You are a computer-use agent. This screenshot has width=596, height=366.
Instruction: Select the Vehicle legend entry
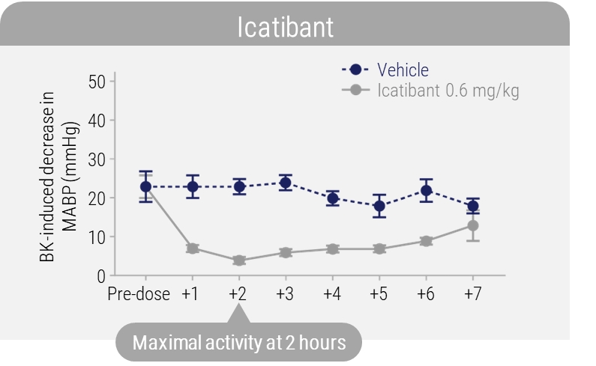(x=403, y=70)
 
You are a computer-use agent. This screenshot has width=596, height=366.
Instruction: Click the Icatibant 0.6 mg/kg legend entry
(x=448, y=91)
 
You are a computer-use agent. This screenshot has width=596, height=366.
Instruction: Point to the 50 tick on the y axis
(x=97, y=81)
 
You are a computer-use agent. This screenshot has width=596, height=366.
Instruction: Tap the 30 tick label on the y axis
(x=97, y=159)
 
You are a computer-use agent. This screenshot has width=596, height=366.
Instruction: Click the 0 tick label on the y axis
(x=100, y=276)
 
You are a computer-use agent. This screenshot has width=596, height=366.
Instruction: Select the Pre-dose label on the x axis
(x=139, y=293)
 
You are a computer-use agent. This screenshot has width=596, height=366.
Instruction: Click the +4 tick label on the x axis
(x=331, y=293)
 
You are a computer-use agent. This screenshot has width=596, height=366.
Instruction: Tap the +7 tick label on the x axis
(x=472, y=293)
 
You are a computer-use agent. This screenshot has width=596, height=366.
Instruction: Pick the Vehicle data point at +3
(x=285, y=183)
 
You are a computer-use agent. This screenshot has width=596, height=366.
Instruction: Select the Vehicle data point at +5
(x=379, y=206)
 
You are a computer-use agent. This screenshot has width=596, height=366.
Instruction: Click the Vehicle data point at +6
(x=426, y=190)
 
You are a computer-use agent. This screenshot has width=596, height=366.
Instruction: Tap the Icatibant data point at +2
(x=238, y=260)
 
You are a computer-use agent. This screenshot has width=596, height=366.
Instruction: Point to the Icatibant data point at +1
(x=192, y=248)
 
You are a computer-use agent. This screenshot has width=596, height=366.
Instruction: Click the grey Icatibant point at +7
(x=472, y=225)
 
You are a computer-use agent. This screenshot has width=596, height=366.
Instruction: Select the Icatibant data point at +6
(x=426, y=241)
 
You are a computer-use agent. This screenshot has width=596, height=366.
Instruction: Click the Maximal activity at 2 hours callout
(x=238, y=344)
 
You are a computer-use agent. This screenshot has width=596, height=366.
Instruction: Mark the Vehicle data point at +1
(x=192, y=186)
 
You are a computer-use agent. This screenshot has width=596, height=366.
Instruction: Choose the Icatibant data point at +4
(x=332, y=248)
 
